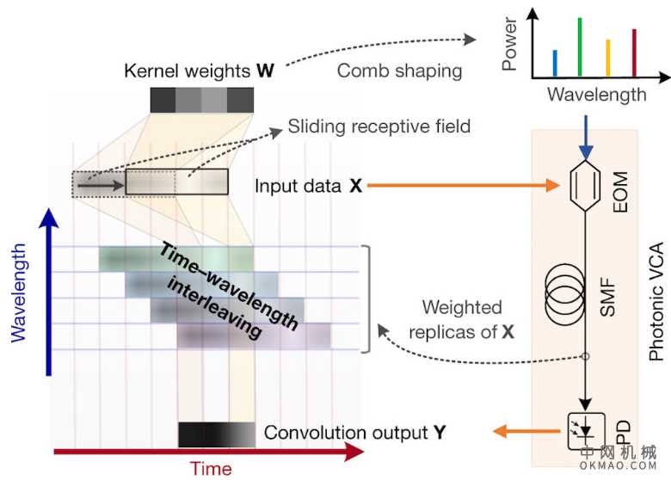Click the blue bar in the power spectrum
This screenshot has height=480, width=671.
tap(555, 62)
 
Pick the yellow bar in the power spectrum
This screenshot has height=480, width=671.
tap(607, 57)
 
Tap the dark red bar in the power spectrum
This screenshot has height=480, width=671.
tap(635, 52)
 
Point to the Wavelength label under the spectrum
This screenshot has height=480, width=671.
tap(596, 95)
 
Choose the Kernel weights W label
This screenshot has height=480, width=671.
tap(199, 70)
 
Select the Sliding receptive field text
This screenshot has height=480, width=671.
tap(379, 126)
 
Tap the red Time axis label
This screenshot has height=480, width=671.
tap(211, 468)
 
